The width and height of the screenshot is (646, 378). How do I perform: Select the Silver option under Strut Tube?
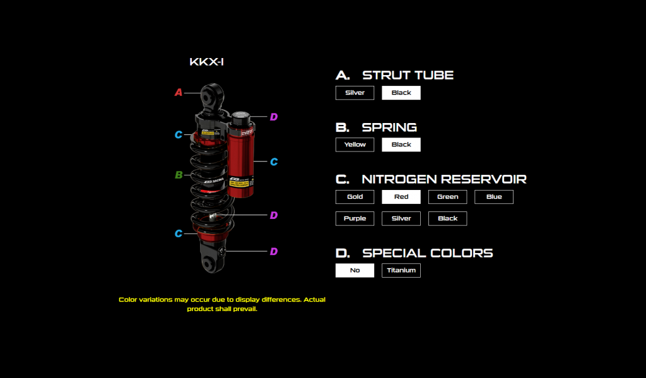pos(355,93)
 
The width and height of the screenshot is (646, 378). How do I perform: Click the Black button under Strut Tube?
pos(401,93)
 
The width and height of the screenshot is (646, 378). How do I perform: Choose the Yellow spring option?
pos(355,145)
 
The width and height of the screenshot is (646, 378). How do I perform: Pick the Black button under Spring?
pos(401,145)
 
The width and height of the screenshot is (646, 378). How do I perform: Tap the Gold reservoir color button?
pos(355,197)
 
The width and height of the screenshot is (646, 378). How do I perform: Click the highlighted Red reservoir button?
pos(401,197)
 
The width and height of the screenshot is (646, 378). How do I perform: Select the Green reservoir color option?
pos(447,197)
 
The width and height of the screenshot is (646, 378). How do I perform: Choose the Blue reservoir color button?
pos(493,197)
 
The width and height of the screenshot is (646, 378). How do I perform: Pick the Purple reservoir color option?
pos(355,218)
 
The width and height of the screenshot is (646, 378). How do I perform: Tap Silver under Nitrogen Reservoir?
pos(401,218)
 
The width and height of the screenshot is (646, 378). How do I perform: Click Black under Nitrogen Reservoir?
pos(447,218)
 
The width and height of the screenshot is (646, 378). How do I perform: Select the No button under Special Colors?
pos(355,270)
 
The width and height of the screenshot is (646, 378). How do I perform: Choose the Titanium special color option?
pos(401,270)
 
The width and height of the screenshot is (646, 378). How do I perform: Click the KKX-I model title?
pos(206,62)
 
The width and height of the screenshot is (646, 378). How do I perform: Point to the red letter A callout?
pos(179,93)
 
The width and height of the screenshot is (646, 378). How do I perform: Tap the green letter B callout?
pos(179,175)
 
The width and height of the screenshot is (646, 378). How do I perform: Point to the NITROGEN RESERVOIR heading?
pos(443,179)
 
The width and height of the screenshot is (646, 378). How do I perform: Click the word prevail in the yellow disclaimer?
pos(245,309)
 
